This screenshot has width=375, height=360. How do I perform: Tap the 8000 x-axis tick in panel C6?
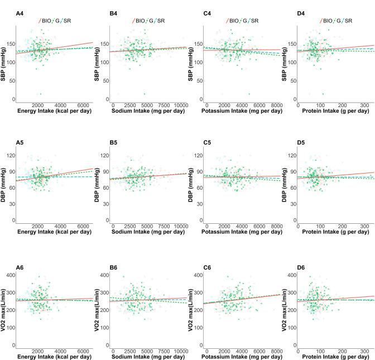pyautogui.click(x=271, y=346)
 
